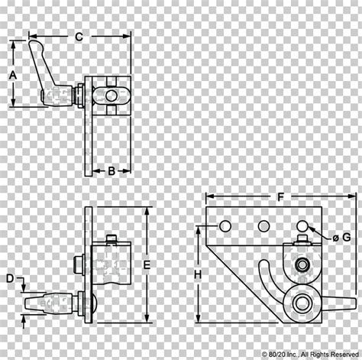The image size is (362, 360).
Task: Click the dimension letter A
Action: click(13, 76)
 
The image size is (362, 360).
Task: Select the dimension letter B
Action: click(112, 171)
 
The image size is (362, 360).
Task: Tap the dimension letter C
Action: click(79, 37)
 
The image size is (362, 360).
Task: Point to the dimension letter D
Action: click(10, 278)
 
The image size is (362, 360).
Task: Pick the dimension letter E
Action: click(147, 265)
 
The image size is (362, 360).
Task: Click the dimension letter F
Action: click(280, 197)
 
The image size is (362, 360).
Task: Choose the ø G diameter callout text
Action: click(341, 238)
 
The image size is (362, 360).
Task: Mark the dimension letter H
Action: click(198, 274)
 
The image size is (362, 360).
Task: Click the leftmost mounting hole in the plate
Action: click(225, 226)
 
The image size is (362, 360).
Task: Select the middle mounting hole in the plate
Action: click(264, 226)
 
